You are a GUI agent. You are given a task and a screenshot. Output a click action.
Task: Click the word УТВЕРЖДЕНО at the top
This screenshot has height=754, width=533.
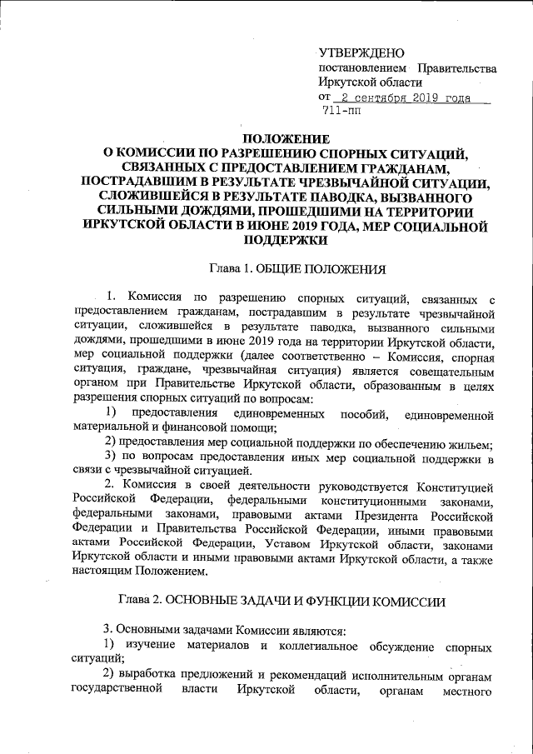pyautogui.click(x=361, y=52)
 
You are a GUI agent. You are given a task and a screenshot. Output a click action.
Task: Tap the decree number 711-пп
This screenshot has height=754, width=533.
pyautogui.click(x=341, y=112)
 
